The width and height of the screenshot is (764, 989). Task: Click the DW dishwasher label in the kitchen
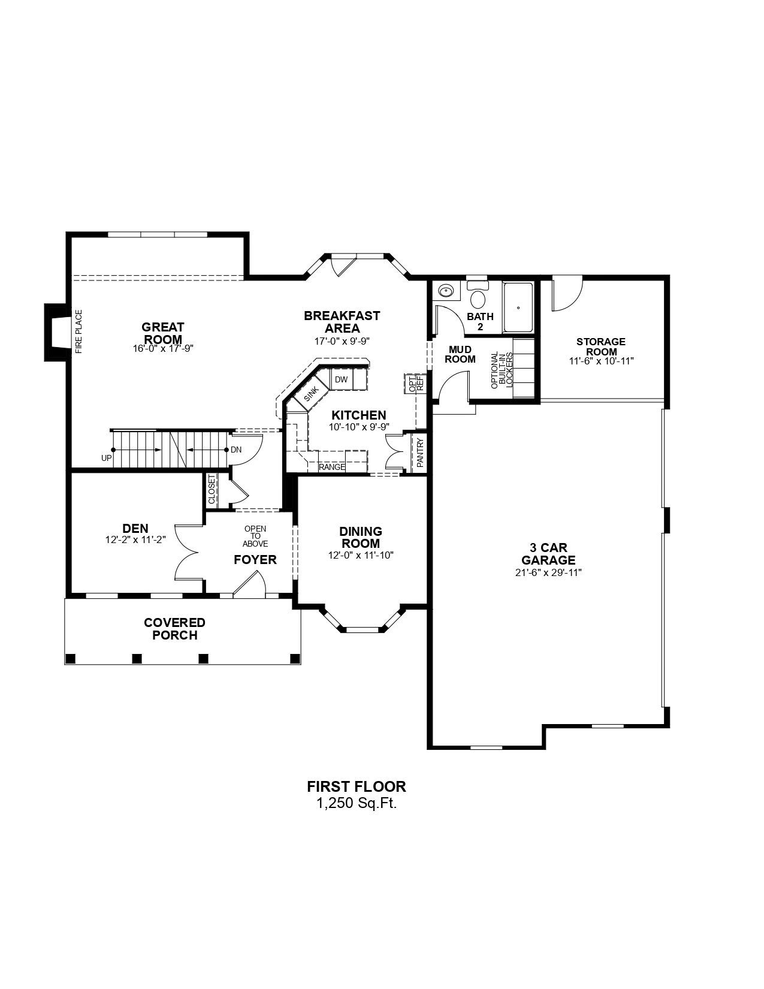(341, 379)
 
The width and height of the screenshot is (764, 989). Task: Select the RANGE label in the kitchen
(332, 467)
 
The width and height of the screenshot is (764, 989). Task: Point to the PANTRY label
(419, 453)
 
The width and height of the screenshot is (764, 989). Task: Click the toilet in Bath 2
(478, 296)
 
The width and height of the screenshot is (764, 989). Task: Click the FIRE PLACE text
(78, 332)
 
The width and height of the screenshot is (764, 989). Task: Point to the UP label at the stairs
(107, 458)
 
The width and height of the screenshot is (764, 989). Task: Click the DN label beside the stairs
(236, 450)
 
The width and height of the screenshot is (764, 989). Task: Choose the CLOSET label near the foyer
(212, 489)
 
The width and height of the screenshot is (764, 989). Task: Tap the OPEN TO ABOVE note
(255, 536)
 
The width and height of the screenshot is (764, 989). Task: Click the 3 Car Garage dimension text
(548, 573)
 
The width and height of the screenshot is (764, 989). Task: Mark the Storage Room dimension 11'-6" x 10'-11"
(601, 360)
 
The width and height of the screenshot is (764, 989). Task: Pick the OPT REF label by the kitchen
(415, 384)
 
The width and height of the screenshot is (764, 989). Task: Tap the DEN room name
(135, 529)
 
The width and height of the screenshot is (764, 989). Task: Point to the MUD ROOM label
(460, 354)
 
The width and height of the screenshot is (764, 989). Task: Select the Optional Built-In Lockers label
(502, 370)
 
